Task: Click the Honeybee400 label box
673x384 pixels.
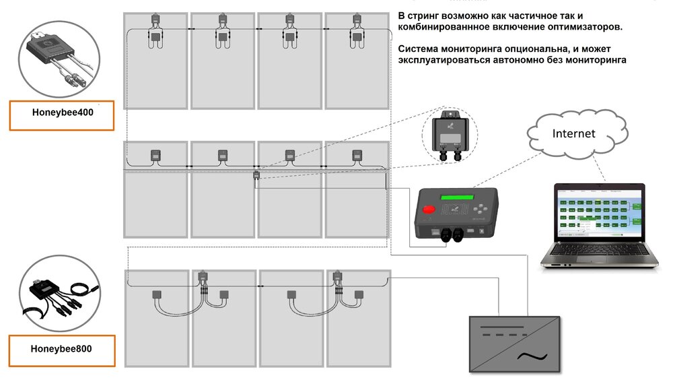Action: (x=62, y=114)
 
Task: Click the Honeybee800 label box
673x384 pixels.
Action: (x=62, y=349)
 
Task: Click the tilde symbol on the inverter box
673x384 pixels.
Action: (x=531, y=356)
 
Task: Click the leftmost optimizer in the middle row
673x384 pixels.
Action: (x=154, y=156)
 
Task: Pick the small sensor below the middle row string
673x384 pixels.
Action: (x=256, y=176)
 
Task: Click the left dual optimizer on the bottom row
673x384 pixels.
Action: (x=201, y=277)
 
